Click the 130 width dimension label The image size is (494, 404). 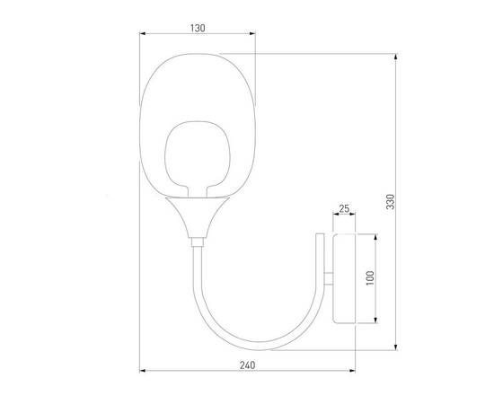198,28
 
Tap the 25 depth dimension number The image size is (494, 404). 344,209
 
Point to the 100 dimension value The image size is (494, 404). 369,278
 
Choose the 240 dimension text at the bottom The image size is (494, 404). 249,365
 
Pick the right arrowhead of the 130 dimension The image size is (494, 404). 256,35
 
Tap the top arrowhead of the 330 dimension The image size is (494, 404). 397,56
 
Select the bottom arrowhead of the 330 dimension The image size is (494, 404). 397,347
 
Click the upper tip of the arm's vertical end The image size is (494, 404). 320,234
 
